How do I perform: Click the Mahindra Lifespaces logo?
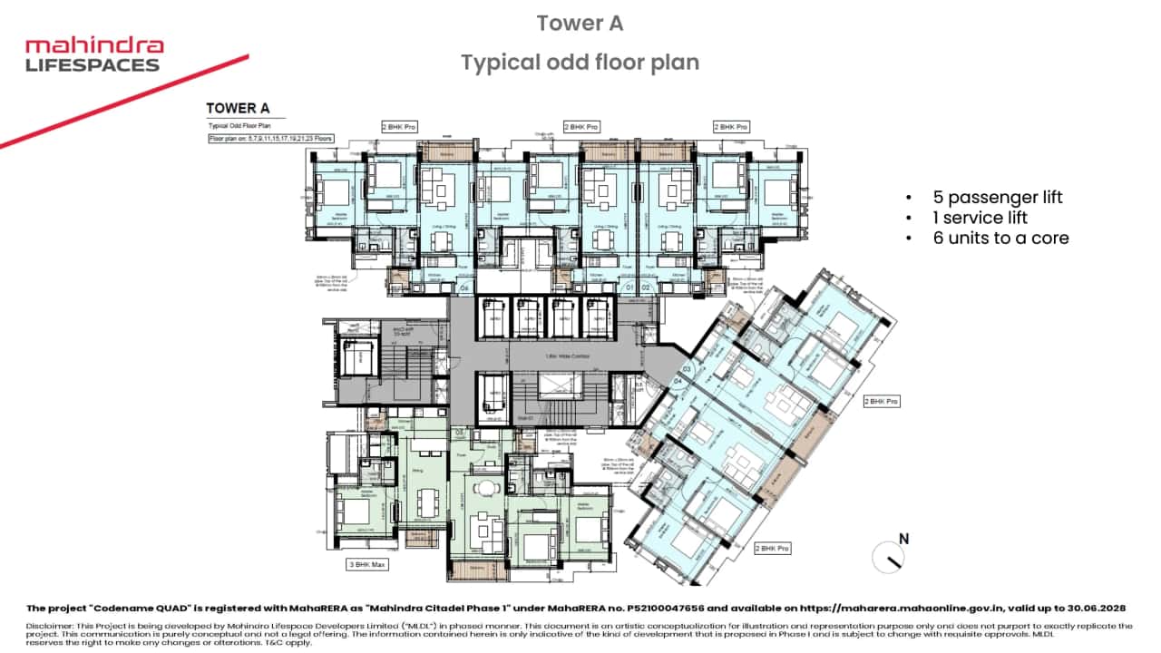(x=93, y=54)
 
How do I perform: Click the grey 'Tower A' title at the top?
(x=580, y=24)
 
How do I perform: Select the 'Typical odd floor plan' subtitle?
(x=580, y=63)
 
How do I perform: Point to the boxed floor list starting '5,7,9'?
(x=270, y=139)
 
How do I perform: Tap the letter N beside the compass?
(x=903, y=539)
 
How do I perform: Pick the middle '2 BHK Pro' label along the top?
(x=581, y=127)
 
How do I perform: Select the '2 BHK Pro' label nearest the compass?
(x=772, y=549)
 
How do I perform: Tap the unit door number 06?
(x=463, y=288)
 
